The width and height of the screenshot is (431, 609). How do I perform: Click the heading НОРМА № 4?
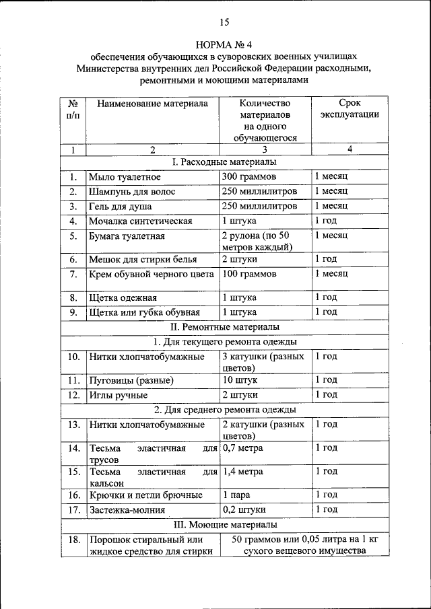223,44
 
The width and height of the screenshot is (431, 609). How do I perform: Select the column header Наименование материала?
152,104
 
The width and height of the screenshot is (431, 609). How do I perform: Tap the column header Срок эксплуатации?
349,109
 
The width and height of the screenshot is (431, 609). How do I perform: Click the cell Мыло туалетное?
125,177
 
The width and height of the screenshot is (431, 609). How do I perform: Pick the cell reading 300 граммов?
248,177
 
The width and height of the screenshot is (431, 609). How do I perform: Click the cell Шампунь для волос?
132,192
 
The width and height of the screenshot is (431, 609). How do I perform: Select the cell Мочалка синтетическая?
141,221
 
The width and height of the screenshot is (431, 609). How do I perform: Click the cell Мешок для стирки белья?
142,260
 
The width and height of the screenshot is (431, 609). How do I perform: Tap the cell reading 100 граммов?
248,275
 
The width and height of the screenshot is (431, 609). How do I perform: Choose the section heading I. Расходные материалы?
224,162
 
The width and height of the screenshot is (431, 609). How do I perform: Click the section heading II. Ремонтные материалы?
224,327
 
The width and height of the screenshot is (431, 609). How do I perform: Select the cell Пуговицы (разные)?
131,380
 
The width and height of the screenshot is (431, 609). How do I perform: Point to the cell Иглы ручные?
118,395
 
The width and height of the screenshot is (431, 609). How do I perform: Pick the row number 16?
73,495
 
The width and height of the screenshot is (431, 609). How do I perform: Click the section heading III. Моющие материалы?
224,524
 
